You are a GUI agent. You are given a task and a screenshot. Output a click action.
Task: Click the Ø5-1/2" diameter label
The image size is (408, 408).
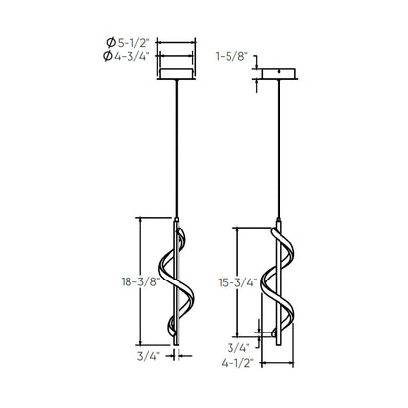tap(127, 43)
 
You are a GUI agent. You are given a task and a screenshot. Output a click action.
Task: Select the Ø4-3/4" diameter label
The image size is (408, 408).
tap(127, 56)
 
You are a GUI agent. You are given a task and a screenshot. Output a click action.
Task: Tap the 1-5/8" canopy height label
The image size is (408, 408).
tap(230, 57)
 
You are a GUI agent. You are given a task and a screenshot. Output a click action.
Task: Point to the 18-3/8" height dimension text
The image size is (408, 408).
tap(140, 281)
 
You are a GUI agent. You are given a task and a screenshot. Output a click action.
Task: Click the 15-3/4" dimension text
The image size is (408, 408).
tap(237, 282)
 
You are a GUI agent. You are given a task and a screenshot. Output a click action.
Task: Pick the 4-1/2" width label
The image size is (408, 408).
tap(237, 363)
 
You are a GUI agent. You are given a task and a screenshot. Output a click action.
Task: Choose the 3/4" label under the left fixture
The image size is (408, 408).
tap(148, 356)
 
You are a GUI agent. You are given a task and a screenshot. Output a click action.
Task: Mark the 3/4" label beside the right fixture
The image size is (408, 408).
tap(238, 348)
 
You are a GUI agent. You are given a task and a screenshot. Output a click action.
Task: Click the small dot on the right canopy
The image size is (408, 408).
tap(279, 71)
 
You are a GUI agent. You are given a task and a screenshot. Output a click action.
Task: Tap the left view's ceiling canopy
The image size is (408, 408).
tap(177, 75)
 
